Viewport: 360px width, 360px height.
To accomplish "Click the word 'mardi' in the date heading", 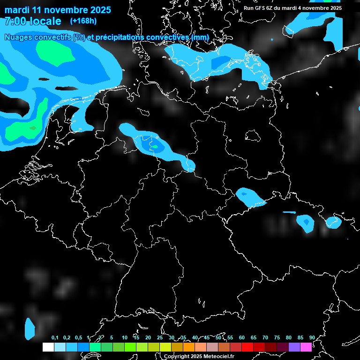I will tap(17, 10).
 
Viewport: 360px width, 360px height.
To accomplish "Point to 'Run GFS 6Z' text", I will tap(260, 8).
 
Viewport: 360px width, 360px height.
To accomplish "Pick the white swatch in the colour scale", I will tap(48, 347).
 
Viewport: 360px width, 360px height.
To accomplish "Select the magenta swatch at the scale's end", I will tap(306, 347).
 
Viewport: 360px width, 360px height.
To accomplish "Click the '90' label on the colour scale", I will tap(312, 337).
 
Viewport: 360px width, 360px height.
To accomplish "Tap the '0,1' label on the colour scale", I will tap(55, 337).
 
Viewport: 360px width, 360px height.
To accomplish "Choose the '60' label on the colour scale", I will tap(241, 337).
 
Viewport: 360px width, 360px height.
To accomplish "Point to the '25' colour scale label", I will tap(159, 337).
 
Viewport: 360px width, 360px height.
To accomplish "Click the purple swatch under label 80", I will tap(294, 347).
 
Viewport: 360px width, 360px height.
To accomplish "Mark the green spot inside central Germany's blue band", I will tap(154, 147).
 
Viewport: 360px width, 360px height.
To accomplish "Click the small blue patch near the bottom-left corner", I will tap(30, 328).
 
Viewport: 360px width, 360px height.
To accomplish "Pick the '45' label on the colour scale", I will tap(206, 337).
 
